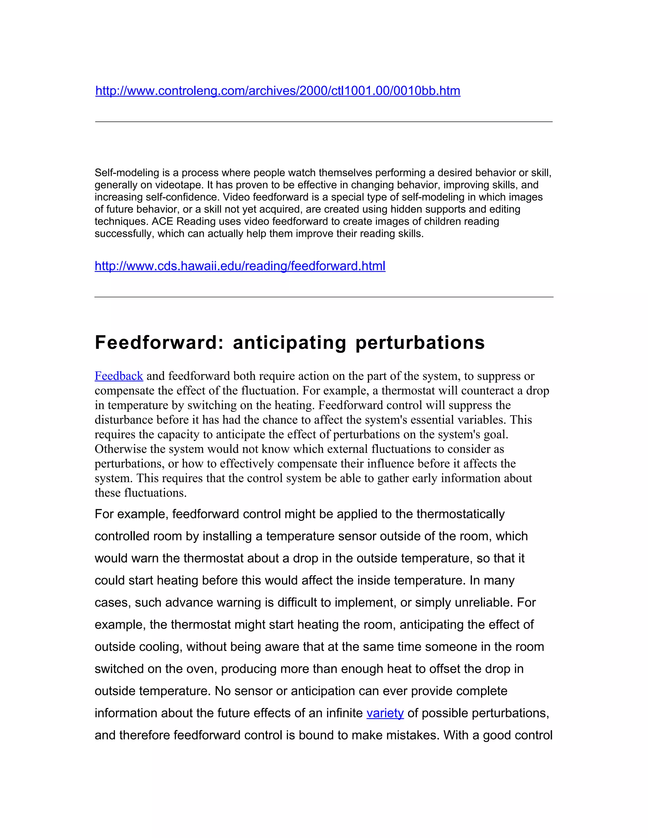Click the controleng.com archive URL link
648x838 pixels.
point(277,91)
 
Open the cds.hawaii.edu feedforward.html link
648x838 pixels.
point(240,266)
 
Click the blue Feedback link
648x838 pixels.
point(119,376)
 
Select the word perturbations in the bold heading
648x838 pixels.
point(420,343)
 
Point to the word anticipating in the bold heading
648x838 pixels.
point(290,343)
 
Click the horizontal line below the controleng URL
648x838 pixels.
point(324,122)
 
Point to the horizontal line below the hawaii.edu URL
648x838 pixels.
point(324,297)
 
